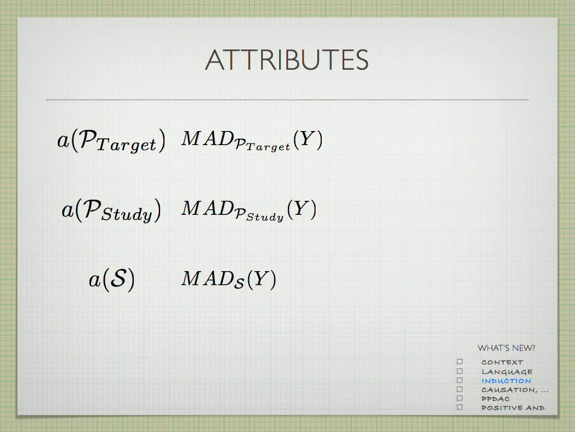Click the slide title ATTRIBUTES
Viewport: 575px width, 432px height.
click(287, 60)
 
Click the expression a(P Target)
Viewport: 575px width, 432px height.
click(112, 140)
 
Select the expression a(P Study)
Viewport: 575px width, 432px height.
click(112, 210)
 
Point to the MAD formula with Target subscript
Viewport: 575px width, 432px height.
click(252, 140)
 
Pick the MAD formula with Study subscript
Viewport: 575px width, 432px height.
click(249, 210)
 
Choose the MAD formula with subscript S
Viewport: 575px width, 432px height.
click(229, 279)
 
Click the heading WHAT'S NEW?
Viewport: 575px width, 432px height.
click(506, 348)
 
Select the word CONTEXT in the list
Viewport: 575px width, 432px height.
click(503, 362)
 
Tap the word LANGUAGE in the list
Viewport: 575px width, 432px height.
click(507, 372)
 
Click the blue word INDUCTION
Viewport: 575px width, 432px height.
click(506, 381)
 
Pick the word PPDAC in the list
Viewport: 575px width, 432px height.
click(495, 399)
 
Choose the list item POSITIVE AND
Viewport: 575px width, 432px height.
click(513, 408)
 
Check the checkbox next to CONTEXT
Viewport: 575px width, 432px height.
click(460, 362)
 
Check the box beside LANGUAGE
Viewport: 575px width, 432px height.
click(460, 371)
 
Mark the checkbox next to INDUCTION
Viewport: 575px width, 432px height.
click(460, 380)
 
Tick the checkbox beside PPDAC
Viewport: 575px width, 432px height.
click(460, 398)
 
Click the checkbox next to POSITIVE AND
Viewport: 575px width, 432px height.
click(460, 407)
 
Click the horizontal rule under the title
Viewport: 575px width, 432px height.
click(287, 100)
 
